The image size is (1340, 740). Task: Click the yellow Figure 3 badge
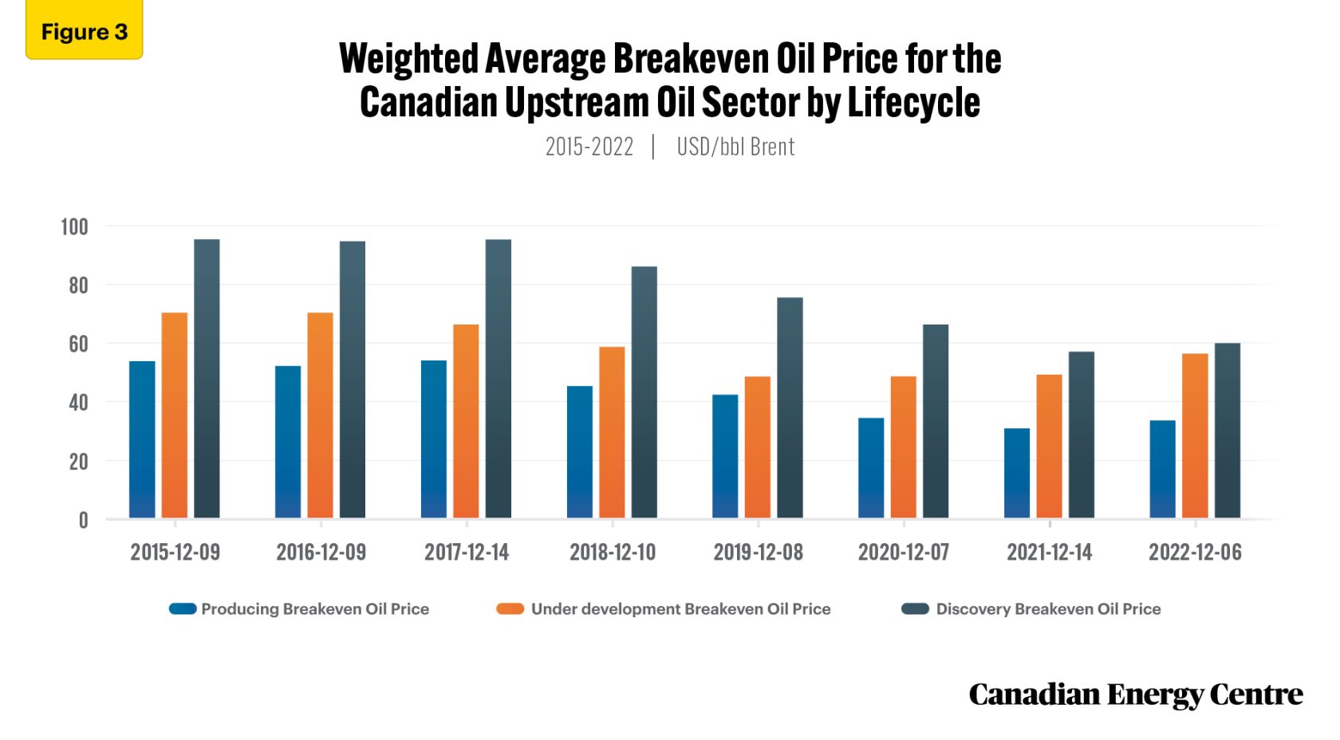coord(84,31)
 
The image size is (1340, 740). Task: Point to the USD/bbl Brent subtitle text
coord(735,147)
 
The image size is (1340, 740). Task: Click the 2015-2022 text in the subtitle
coord(589,147)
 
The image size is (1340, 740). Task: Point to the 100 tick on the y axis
coord(74,226)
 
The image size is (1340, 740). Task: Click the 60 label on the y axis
coord(77,344)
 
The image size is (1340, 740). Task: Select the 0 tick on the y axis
coord(83,521)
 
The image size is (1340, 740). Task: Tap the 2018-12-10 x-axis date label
coord(612,552)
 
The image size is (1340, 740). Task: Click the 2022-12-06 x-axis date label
coord(1194,552)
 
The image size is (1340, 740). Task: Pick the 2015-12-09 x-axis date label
coord(175,552)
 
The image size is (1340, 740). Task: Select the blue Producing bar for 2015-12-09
coord(142,440)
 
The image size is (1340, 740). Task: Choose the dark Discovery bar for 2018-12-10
coord(644,392)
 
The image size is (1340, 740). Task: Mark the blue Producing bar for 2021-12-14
coord(1016,474)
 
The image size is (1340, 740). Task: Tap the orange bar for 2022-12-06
coord(1194,436)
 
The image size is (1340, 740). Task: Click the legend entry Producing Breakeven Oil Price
coord(314,609)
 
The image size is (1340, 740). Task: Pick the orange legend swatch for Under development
coord(510,609)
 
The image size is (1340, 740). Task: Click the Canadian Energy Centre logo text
coord(1135,695)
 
